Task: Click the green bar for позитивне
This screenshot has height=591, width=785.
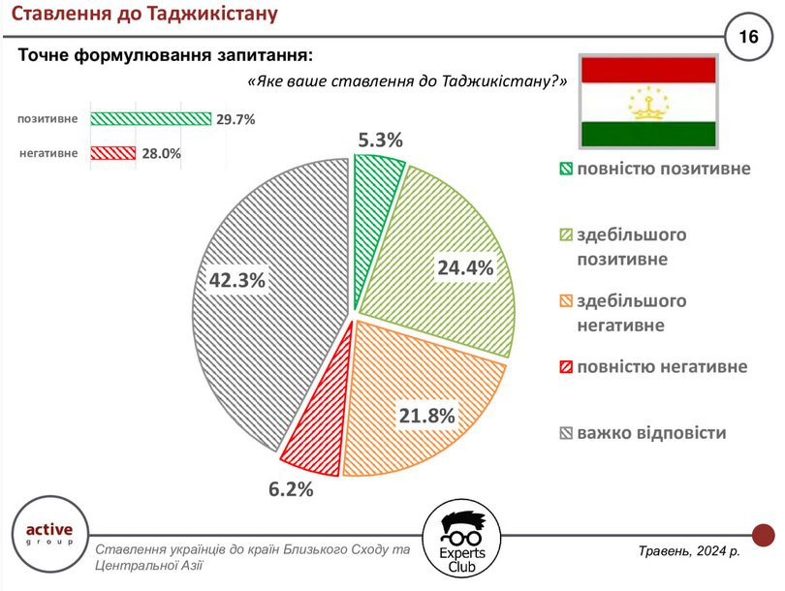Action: click(x=150, y=118)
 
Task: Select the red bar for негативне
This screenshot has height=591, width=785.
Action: click(x=113, y=153)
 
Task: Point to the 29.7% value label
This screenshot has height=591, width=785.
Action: click(x=235, y=119)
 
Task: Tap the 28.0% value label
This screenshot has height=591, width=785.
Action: click(x=161, y=153)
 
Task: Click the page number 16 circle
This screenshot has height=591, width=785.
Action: click(x=748, y=37)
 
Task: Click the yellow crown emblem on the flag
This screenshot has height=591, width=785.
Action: click(x=648, y=103)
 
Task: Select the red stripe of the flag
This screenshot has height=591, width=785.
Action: click(x=648, y=70)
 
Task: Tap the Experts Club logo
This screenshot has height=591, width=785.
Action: click(x=461, y=539)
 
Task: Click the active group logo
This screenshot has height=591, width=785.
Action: click(x=49, y=534)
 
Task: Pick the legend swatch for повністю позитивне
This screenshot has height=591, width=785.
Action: click(x=566, y=169)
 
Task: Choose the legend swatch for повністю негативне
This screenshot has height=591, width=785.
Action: click(x=566, y=367)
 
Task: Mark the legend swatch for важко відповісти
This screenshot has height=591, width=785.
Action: click(x=566, y=433)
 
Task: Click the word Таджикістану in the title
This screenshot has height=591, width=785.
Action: click(x=213, y=14)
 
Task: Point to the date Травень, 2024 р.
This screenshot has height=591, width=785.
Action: click(x=689, y=551)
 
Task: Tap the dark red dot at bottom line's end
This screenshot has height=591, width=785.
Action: click(x=764, y=535)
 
